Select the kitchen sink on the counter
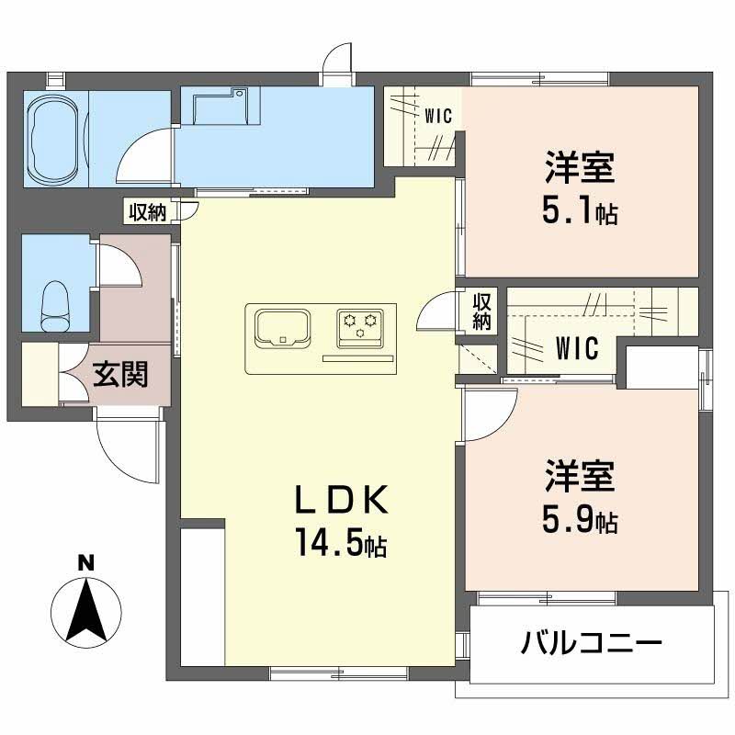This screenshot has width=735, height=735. (281, 327)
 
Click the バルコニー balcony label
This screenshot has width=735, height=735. (592, 642)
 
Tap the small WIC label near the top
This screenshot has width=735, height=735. (437, 116)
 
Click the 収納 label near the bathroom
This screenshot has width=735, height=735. (147, 212)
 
